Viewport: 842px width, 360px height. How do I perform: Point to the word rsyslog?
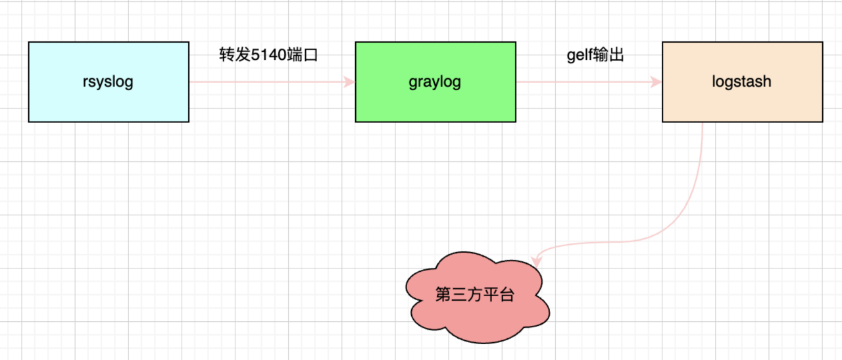point(109,82)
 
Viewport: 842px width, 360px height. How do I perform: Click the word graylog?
point(435,82)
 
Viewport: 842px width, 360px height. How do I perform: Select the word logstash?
point(742,82)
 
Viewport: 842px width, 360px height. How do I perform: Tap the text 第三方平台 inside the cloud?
point(475,294)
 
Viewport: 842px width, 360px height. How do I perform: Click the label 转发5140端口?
point(268,55)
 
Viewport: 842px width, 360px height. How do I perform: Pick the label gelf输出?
point(595,55)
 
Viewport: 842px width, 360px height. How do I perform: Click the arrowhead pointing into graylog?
point(349,82)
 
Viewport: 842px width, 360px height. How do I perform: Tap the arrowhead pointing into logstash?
point(655,82)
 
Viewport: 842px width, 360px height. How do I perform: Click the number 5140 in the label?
point(268,55)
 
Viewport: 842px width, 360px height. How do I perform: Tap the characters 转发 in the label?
point(235,55)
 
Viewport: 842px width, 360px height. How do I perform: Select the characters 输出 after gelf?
point(608,55)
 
